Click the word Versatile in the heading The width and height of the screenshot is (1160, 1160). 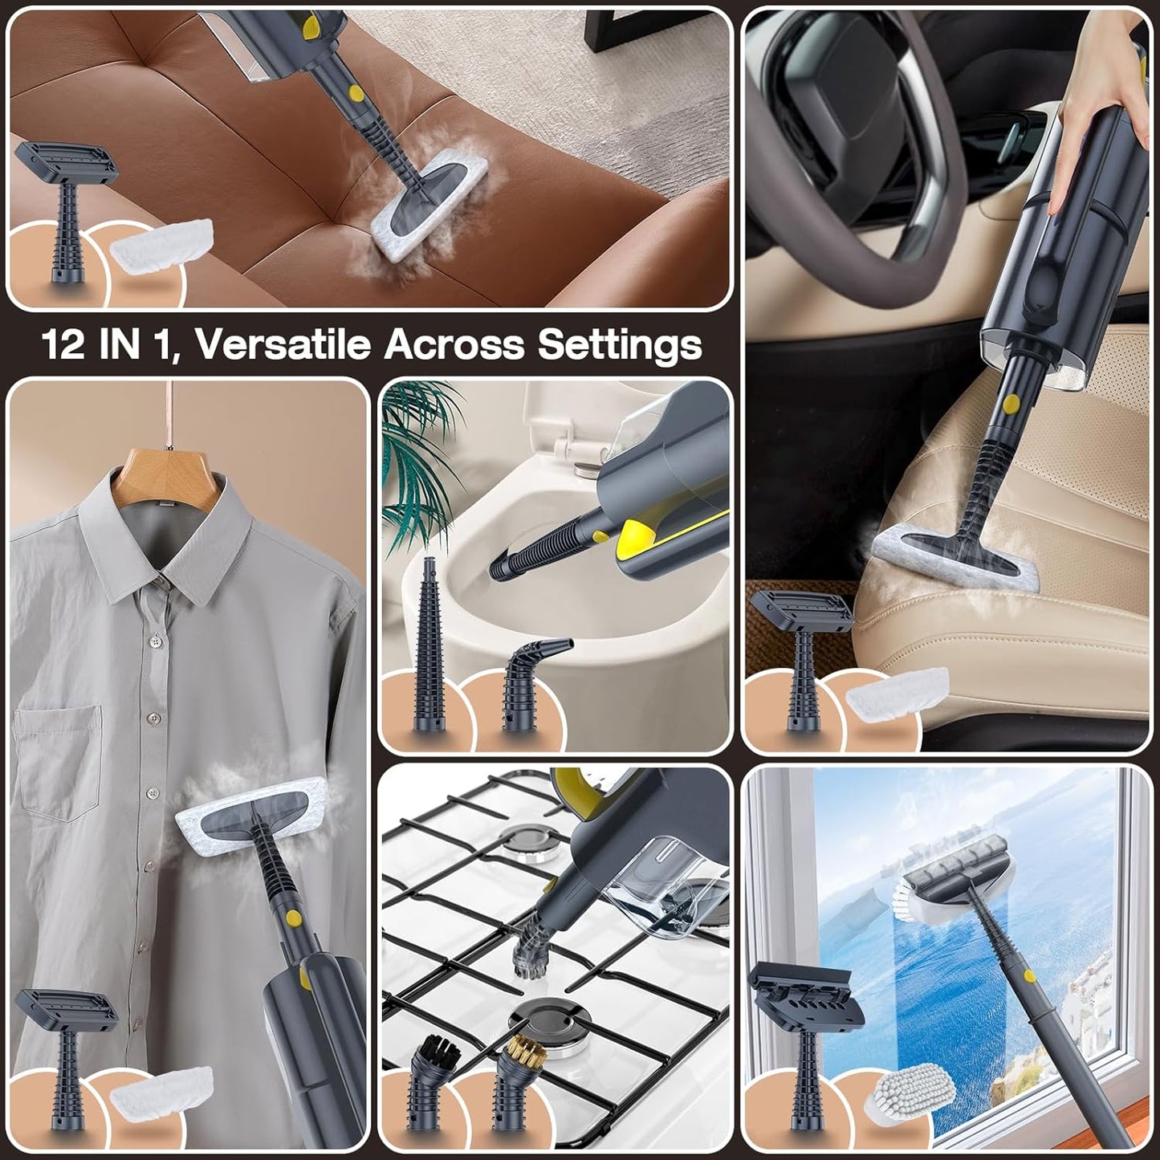[281, 344]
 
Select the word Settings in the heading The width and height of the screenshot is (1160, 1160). [619, 344]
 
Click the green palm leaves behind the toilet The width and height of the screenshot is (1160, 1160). [417, 450]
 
